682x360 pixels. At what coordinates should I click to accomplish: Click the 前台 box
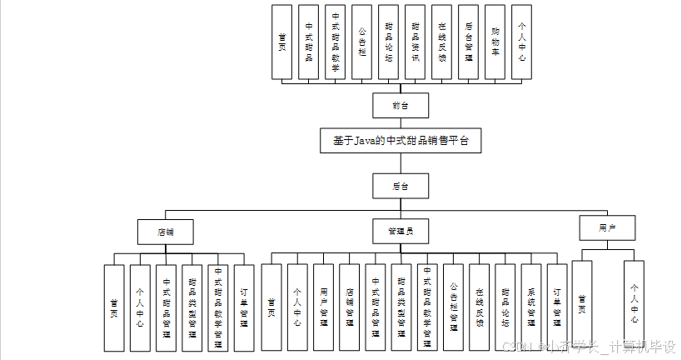click(x=401, y=105)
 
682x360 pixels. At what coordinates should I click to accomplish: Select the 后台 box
click(x=401, y=185)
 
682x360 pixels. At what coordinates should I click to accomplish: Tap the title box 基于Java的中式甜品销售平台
click(x=401, y=141)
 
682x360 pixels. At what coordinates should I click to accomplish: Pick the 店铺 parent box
click(x=166, y=229)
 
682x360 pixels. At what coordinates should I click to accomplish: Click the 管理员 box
click(x=401, y=229)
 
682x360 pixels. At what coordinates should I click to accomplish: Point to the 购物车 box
click(x=495, y=42)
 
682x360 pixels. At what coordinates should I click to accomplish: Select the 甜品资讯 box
click(x=415, y=42)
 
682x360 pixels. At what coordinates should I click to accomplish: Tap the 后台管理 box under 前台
click(x=468, y=42)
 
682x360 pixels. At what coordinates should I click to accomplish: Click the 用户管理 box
click(x=323, y=307)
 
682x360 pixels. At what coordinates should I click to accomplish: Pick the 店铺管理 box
click(x=349, y=307)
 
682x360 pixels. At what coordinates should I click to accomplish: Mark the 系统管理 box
click(x=531, y=307)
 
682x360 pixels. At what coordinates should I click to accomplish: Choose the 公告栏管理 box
click(x=453, y=307)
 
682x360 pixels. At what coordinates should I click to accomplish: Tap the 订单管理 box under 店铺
click(x=244, y=307)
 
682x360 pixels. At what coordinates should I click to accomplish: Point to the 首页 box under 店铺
click(x=114, y=307)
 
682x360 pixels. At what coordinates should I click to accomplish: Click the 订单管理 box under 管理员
click(x=557, y=307)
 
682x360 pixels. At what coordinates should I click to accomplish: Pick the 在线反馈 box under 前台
click(x=441, y=42)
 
